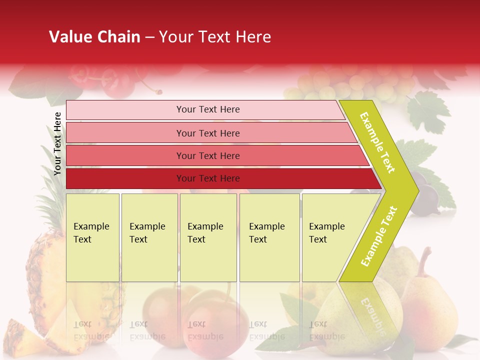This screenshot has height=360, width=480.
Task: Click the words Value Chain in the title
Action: (x=94, y=37)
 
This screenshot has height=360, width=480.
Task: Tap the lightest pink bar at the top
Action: (x=207, y=109)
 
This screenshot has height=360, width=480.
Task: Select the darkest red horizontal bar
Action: (x=207, y=178)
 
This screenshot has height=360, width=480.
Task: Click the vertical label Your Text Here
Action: (x=57, y=143)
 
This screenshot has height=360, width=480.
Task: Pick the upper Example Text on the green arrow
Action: (x=378, y=142)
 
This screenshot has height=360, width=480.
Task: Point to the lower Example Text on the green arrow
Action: (x=379, y=236)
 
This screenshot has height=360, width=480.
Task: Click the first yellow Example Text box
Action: (x=92, y=237)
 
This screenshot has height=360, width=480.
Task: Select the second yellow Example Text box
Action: (x=149, y=237)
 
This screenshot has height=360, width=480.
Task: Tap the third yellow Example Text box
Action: (x=208, y=237)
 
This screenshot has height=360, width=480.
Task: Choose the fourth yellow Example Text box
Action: (x=269, y=237)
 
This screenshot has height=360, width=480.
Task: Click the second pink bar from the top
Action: (x=207, y=133)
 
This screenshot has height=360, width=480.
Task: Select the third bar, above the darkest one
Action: (x=207, y=155)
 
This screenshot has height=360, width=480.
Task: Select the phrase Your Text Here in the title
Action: (x=215, y=37)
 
